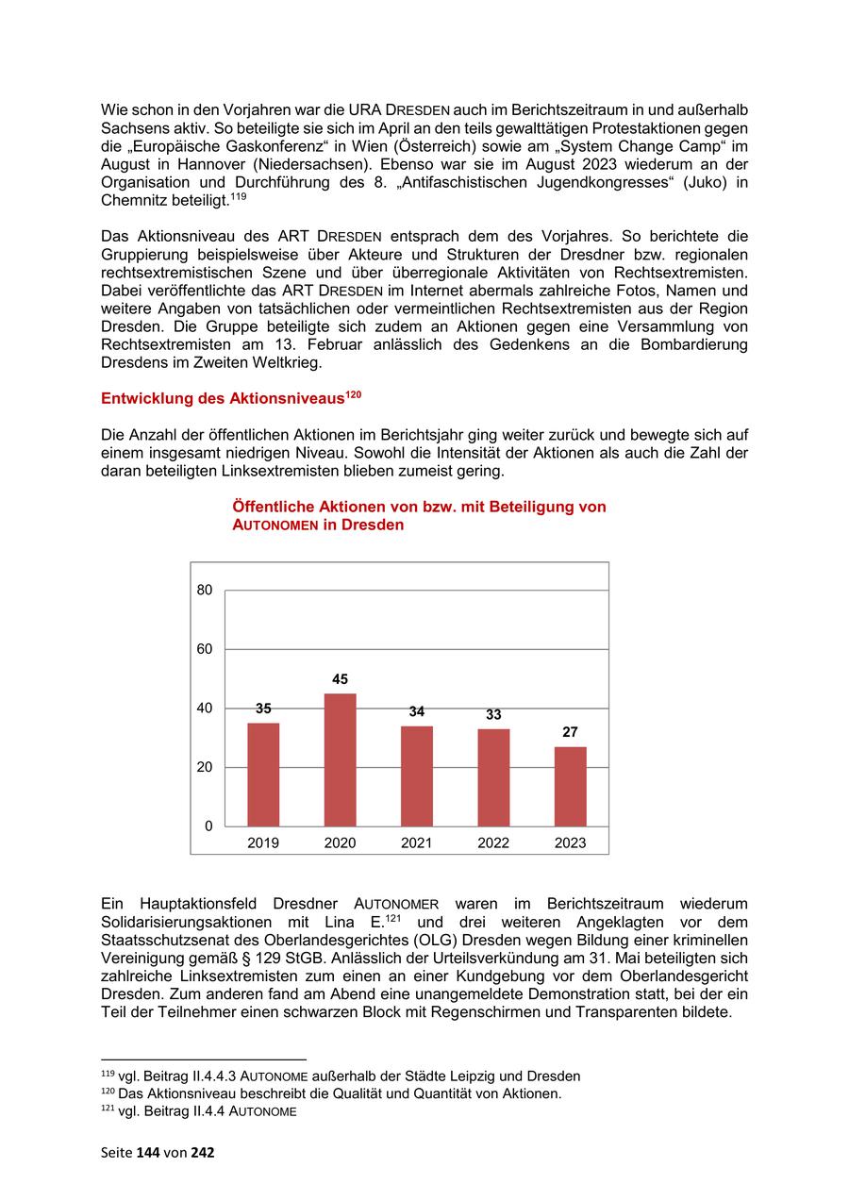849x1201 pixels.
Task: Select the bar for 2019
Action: click(x=263, y=775)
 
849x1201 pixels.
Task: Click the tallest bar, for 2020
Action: click(x=340, y=759)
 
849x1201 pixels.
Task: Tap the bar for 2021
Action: click(x=416, y=776)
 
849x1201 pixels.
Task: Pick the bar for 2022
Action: click(x=493, y=777)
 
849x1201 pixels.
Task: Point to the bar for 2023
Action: click(x=570, y=786)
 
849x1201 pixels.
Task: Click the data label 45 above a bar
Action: click(x=340, y=679)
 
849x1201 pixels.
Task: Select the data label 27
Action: click(x=570, y=732)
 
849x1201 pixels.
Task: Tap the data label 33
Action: click(x=493, y=715)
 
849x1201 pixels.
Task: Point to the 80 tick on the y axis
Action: click(x=205, y=591)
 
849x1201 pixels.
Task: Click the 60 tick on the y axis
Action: click(x=205, y=649)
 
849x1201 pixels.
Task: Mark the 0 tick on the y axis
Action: click(x=208, y=826)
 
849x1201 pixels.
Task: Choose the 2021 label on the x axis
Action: click(x=416, y=843)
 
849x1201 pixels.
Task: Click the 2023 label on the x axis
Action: click(x=570, y=843)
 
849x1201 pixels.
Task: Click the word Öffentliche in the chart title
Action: click(x=275, y=508)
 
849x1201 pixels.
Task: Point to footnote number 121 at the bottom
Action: click(x=108, y=1109)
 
